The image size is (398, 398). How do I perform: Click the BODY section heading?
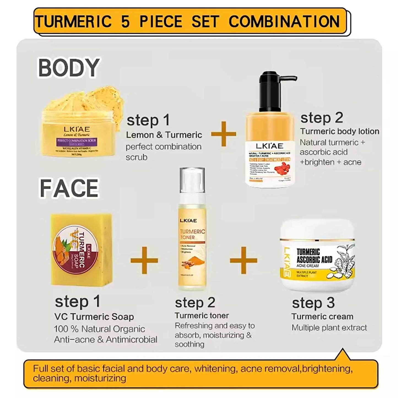point(69,68)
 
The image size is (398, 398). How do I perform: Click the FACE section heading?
point(69,188)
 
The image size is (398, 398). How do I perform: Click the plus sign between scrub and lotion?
point(224,134)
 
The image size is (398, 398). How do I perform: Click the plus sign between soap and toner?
point(144,260)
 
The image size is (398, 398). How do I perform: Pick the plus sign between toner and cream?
point(243,260)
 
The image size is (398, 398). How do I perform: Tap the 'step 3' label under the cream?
point(313,303)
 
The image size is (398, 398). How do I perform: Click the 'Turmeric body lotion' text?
point(340,131)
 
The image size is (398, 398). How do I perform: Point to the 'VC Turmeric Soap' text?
point(94,317)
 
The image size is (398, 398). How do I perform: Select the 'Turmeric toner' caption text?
point(202,316)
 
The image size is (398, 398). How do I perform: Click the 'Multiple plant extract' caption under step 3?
point(329,328)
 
